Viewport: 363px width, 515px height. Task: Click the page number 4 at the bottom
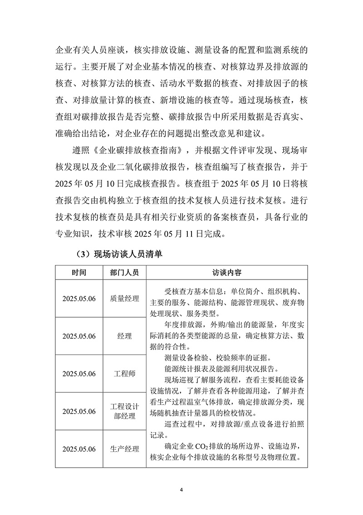181,490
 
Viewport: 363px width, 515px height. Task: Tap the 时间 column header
79,273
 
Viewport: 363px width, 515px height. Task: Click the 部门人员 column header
124,273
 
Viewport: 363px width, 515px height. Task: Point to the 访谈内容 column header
227,273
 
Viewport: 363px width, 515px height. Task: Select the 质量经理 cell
124,299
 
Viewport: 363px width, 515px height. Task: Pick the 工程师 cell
124,374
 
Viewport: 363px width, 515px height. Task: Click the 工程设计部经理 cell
124,411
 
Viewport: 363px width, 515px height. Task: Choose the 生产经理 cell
124,449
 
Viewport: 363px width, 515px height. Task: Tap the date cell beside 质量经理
79,299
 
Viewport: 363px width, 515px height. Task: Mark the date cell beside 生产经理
79,449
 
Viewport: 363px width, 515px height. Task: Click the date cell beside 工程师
79,374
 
